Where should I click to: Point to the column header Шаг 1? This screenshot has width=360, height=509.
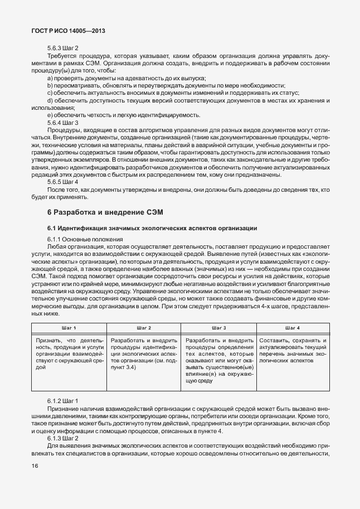67,328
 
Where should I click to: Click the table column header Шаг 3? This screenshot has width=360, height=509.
218,328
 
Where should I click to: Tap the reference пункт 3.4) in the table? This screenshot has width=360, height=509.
123,368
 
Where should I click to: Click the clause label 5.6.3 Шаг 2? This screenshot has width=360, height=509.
63,48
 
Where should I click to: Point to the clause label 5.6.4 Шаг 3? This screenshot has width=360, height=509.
63,122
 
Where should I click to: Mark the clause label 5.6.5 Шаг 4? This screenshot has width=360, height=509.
63,182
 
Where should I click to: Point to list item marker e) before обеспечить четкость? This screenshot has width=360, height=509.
50,115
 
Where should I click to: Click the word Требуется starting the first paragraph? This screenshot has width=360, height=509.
63,56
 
